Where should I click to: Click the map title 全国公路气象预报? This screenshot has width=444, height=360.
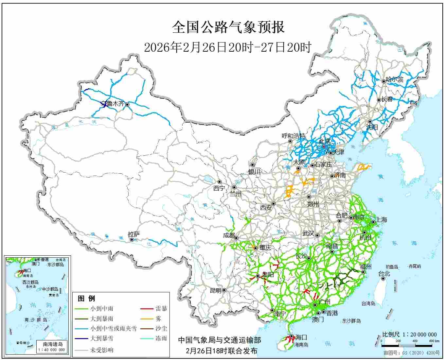228,27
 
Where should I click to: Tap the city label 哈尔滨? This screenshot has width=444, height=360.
395,79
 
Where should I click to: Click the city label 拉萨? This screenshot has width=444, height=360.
134,234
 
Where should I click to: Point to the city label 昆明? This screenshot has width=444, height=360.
215,290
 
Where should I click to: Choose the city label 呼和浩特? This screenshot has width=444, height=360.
293,136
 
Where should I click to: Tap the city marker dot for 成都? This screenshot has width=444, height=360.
236,238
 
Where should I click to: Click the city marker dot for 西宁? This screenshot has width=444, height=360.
220,182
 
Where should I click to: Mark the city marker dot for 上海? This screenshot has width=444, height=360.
373,222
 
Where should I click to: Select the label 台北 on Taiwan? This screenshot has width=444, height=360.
384,274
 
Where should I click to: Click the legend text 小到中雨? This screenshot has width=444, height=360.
102,308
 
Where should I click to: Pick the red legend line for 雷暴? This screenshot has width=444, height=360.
147,308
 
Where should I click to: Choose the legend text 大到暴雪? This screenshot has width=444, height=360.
102,338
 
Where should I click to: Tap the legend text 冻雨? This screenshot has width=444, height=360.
161,338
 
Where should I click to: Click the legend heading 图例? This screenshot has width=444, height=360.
86,298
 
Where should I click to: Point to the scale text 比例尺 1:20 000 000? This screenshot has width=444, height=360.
409,334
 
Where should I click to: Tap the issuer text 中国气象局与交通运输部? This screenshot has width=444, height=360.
220,340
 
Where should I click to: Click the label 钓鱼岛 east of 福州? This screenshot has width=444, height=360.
392,267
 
